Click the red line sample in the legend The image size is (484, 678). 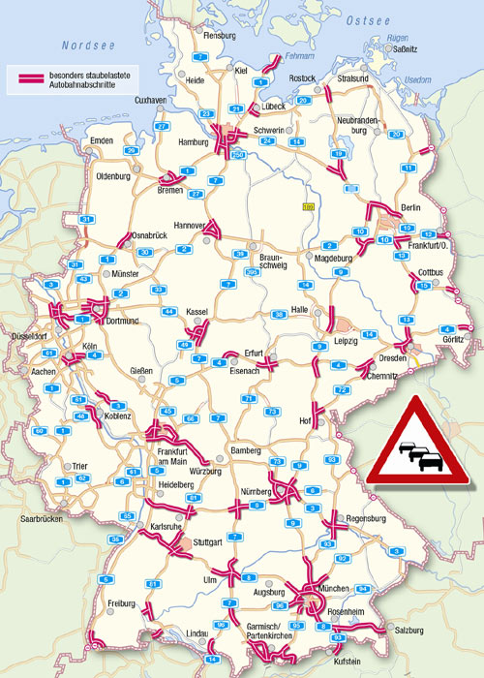coord(25,76)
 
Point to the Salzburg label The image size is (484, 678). coord(410,632)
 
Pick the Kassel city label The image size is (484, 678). coord(197,312)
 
